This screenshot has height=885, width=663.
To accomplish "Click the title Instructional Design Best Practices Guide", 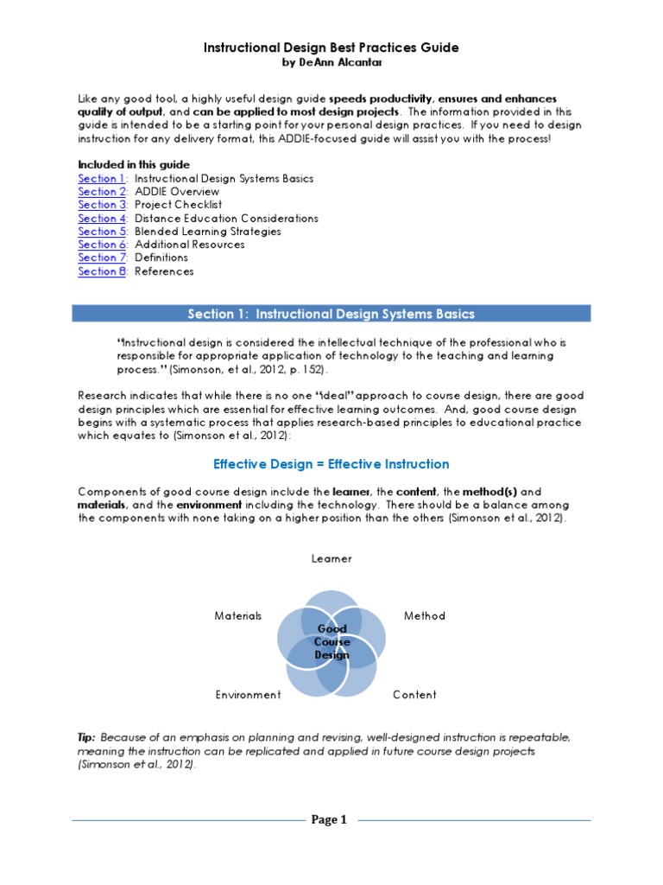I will [x=331, y=48].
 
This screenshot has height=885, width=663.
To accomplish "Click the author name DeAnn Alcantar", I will [x=331, y=64].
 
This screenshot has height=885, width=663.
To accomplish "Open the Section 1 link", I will [x=102, y=179].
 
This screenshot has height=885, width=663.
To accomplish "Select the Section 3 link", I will [x=102, y=205].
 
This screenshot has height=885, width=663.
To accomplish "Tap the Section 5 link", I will [x=102, y=232].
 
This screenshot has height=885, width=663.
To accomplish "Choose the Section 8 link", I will [x=102, y=271].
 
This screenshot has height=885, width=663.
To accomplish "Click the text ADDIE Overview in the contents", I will [x=177, y=192].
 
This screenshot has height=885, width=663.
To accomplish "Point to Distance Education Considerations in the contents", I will [x=226, y=219].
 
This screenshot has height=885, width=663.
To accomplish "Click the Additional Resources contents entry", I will [x=189, y=245].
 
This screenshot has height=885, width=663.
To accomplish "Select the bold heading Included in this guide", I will [x=134, y=165].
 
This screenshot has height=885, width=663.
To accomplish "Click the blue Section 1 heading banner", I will [x=331, y=314].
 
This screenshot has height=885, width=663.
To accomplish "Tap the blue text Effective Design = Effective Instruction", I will [x=331, y=464].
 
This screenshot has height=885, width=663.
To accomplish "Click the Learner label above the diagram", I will [x=331, y=559].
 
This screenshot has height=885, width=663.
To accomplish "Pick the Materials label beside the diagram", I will [x=237, y=616].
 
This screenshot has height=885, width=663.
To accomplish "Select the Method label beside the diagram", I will [x=425, y=616].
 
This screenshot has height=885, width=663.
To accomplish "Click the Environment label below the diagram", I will [x=248, y=695].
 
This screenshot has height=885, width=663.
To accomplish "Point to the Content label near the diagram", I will [x=414, y=695].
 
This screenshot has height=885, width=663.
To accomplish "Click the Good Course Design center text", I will [x=332, y=642].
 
